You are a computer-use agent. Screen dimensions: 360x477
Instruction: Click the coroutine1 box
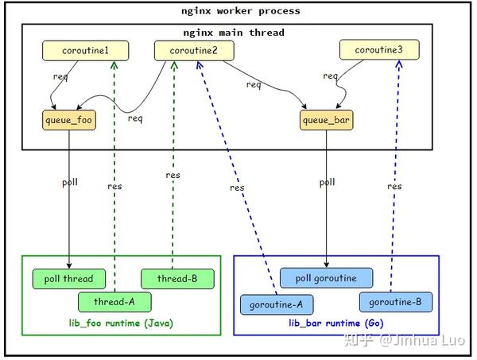click(85, 51)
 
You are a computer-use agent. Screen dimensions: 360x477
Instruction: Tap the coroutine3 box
click(378, 51)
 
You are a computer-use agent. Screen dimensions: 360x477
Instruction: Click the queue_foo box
click(69, 121)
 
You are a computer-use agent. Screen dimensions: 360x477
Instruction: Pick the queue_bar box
click(327, 121)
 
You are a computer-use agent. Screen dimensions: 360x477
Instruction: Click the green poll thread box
click(68, 278)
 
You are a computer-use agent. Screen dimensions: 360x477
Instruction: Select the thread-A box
click(114, 301)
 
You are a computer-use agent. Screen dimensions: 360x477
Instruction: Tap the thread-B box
click(177, 278)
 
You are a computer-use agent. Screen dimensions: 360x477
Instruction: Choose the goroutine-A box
click(277, 304)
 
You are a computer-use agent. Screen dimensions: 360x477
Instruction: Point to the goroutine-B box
click(394, 301)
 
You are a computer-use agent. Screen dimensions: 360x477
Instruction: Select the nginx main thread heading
click(233, 33)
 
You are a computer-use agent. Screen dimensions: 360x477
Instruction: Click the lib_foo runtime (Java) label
click(120, 324)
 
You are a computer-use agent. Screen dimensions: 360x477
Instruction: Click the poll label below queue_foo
click(70, 182)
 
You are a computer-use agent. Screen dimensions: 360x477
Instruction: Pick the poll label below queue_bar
click(327, 182)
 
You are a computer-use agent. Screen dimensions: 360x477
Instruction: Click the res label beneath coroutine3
click(394, 186)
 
